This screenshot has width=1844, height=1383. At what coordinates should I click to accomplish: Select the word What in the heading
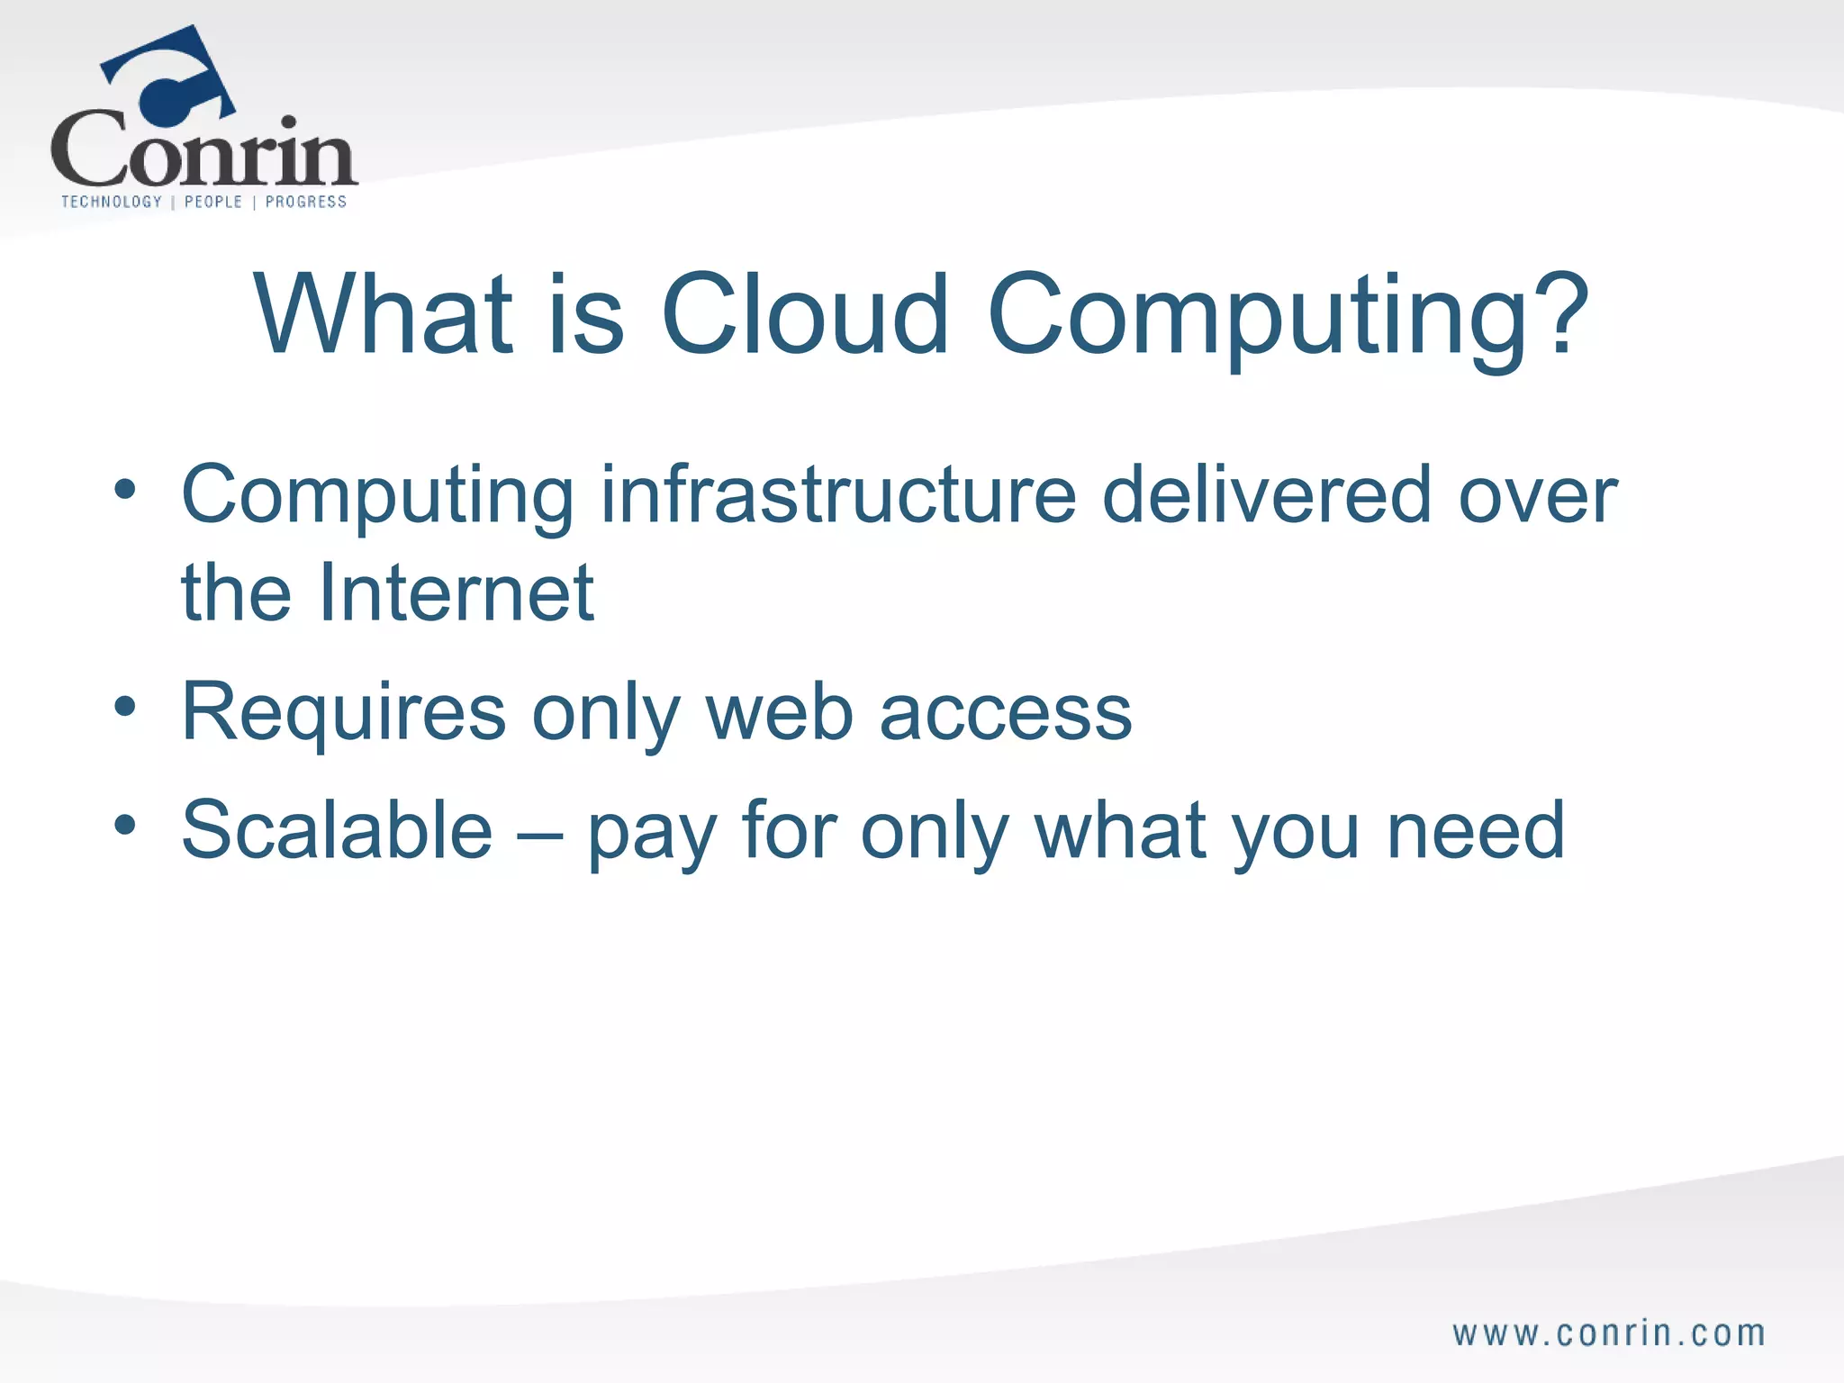(384, 314)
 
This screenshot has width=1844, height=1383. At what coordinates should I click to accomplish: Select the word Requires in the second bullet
(343, 712)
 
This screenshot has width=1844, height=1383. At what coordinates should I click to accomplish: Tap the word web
(779, 712)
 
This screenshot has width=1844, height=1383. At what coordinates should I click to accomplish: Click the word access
(1005, 712)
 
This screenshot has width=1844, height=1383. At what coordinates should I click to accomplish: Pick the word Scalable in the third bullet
(337, 830)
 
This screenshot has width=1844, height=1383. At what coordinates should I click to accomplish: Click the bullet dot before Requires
(125, 708)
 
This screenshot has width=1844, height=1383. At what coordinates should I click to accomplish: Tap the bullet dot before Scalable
(125, 825)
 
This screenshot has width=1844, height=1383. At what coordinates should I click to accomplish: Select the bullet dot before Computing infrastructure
(125, 490)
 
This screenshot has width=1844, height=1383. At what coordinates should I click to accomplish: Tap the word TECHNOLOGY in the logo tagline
(112, 202)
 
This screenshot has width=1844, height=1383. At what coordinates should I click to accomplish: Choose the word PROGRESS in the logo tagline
(306, 202)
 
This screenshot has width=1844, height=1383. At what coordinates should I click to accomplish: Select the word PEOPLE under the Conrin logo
(213, 202)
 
